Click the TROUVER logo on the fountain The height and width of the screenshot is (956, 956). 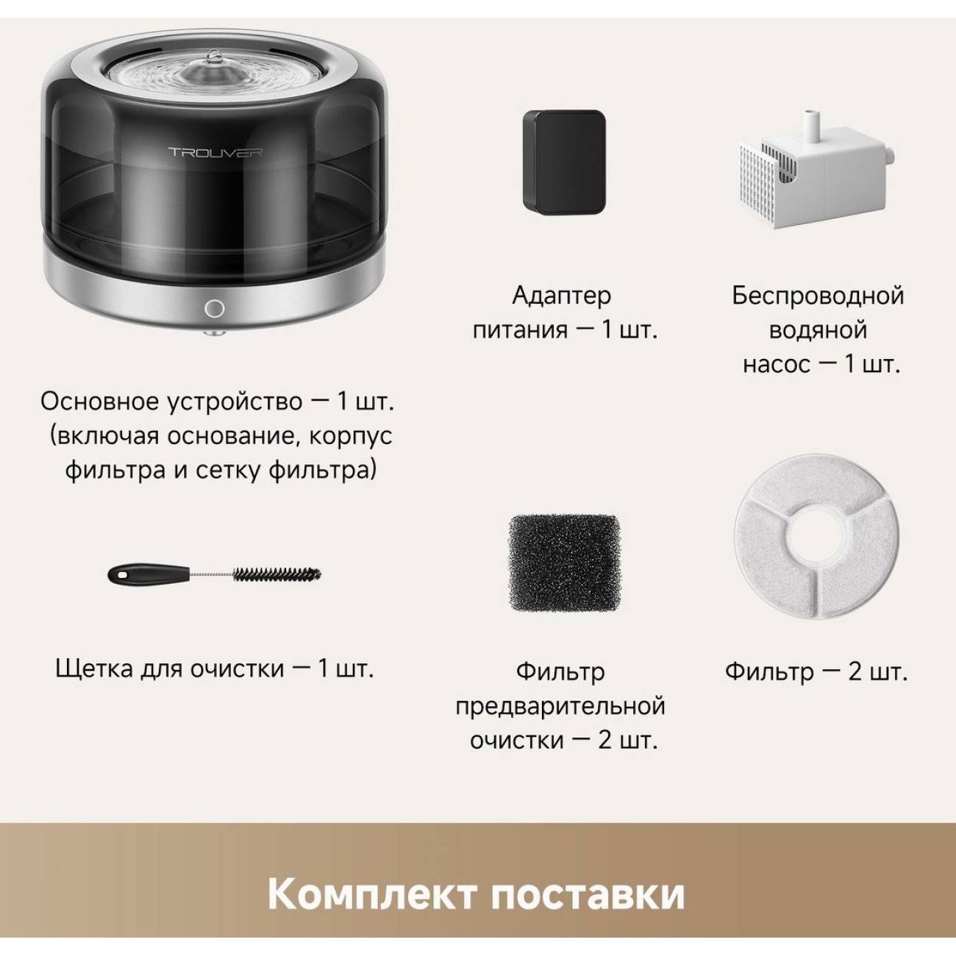click(215, 151)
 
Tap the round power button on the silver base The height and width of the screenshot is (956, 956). click(214, 308)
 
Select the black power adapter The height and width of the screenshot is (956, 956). click(564, 160)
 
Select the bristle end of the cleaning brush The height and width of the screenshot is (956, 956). click(277, 575)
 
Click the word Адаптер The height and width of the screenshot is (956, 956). click(562, 296)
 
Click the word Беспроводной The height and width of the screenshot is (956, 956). click(818, 296)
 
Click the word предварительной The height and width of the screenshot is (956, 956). click(560, 706)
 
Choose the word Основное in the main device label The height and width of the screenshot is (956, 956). click(101, 402)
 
